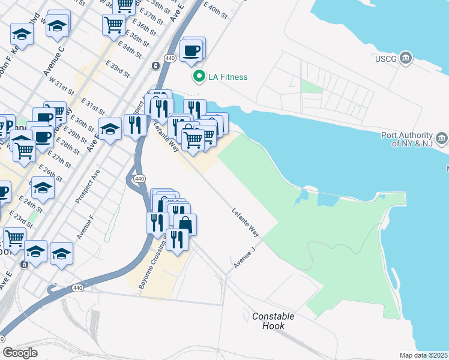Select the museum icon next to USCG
tap(406, 58)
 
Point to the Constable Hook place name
tap(273, 321)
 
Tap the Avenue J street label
tap(244, 257)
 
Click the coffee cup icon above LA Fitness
tap(191, 50)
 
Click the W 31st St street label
tap(61, 88)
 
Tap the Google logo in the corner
tap(20, 353)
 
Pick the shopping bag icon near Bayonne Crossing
tap(185, 226)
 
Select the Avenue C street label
tap(53, 60)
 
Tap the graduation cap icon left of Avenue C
tap(22, 35)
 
